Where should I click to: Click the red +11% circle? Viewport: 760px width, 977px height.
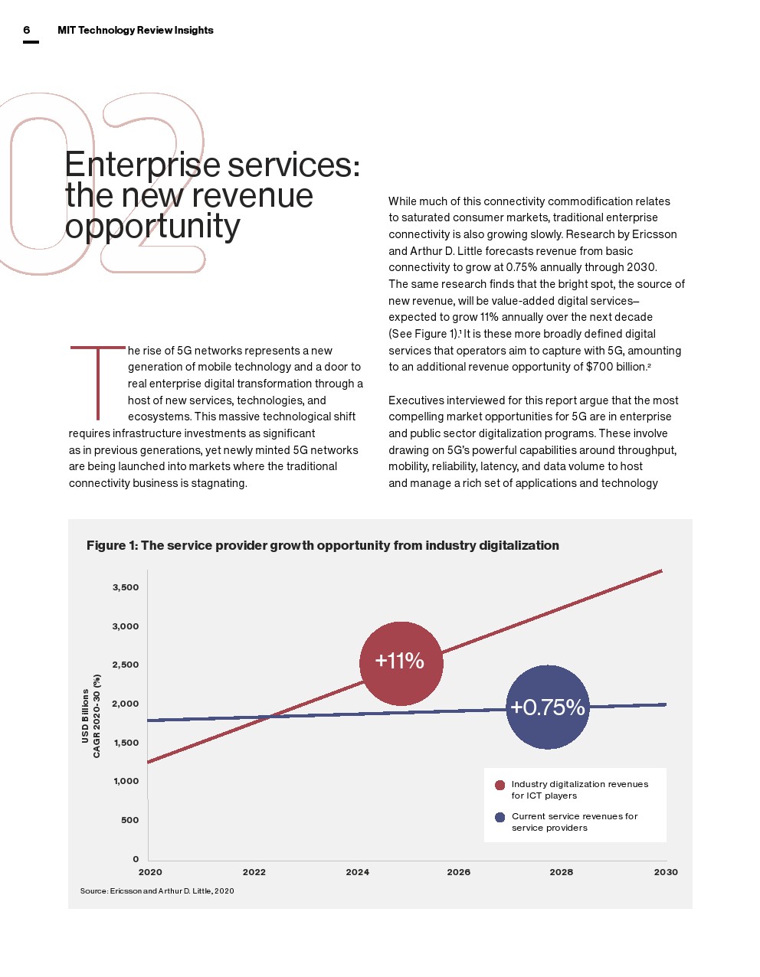pos(401,663)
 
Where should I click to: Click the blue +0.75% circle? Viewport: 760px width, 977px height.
pos(548,707)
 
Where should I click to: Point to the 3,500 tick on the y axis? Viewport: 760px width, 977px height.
pos(126,587)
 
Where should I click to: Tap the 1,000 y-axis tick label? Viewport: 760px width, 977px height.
pos(126,781)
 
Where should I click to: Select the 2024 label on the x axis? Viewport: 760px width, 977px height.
pos(357,872)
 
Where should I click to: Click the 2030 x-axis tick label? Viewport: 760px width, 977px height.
pos(666,872)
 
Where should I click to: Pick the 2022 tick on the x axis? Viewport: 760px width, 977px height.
pos(254,872)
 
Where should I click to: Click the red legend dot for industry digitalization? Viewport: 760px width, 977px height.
pos(500,785)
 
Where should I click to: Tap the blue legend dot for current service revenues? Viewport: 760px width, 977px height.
pos(500,817)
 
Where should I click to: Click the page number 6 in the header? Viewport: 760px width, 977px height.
pos(27,30)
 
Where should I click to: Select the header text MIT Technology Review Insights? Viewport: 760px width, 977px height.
pos(136,30)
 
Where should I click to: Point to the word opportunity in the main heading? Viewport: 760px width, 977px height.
pos(152,227)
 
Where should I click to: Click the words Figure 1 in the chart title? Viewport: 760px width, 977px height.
pos(111,545)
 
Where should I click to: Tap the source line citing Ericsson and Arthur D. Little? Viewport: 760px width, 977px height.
pos(157,890)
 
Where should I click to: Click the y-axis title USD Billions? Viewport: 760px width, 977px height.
pos(85,716)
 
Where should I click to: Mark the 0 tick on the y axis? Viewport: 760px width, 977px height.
pos(135,859)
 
